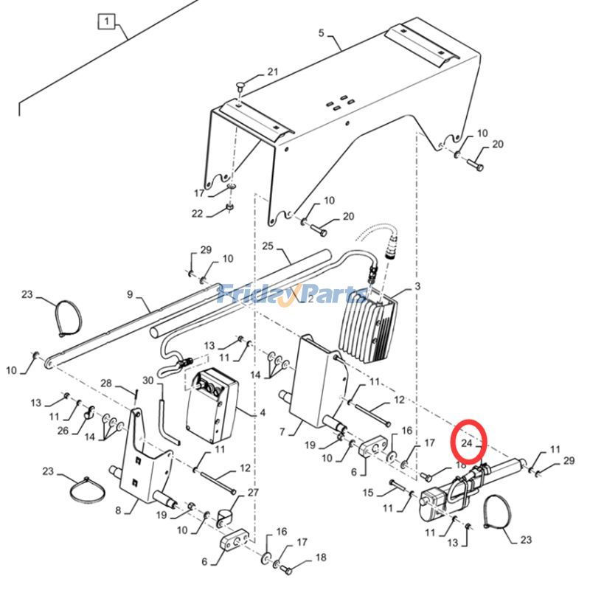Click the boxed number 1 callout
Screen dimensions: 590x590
[x=107, y=21]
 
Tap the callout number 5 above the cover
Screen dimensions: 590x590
[x=321, y=32]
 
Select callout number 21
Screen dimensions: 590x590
[x=273, y=72]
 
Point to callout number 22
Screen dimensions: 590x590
[x=197, y=214]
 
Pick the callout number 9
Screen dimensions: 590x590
[x=130, y=295]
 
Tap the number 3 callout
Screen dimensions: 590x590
[x=417, y=286]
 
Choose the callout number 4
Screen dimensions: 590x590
[x=262, y=412]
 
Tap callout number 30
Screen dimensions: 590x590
[x=147, y=381]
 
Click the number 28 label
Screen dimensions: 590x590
[x=105, y=383]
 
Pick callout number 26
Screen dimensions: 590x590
[x=63, y=431]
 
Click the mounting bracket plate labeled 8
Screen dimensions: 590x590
[x=146, y=461]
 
